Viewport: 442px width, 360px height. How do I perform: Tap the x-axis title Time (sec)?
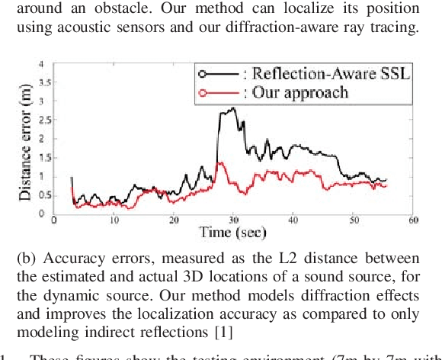[x=233, y=232]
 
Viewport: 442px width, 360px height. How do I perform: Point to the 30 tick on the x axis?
[x=233, y=220]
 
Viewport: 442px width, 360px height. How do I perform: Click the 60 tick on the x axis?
[x=412, y=220]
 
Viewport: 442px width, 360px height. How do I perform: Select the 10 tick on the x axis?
[x=114, y=220]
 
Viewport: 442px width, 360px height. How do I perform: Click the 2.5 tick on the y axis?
[x=39, y=119]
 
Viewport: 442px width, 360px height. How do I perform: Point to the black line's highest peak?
[x=232, y=108]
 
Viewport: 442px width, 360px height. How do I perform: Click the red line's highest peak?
[x=220, y=162]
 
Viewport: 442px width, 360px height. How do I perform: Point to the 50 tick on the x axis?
[x=353, y=220]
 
